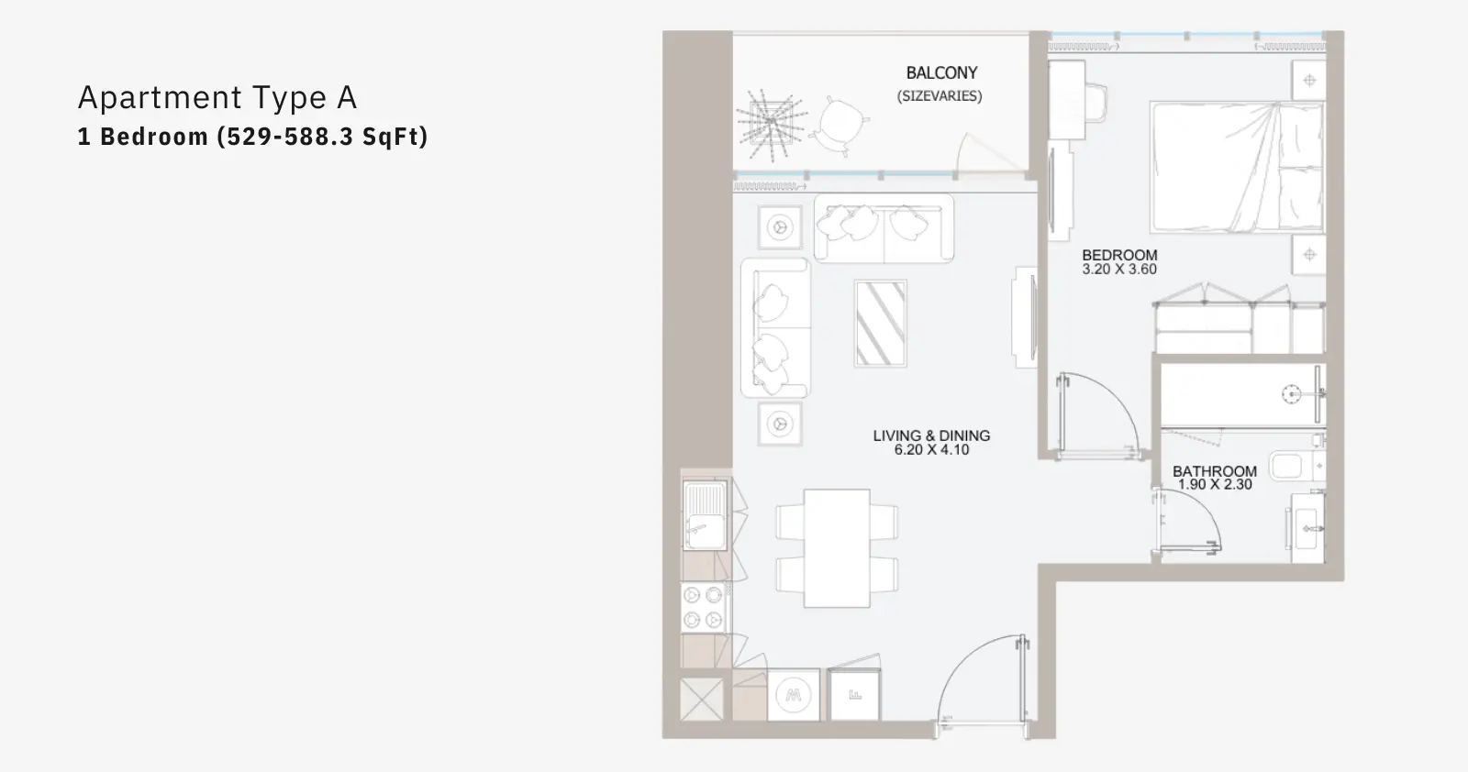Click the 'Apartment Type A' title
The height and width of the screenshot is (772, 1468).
tap(217, 97)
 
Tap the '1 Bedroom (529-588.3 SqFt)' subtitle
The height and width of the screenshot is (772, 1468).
tap(252, 137)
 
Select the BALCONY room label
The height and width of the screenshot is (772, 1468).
tap(941, 72)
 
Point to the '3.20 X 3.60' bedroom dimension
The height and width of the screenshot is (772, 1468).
tap(1118, 270)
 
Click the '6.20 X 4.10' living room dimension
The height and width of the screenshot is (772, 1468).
tap(931, 450)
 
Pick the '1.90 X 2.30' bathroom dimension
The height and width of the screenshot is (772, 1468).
tap(1215, 484)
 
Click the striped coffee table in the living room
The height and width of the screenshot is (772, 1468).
tap(880, 324)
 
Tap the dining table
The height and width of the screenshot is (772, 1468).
tap(837, 548)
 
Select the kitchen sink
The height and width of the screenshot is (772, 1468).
tap(706, 516)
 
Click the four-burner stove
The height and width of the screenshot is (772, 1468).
tap(703, 607)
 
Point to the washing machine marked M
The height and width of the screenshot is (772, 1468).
tap(793, 695)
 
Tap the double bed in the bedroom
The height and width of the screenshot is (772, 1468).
tap(1238, 167)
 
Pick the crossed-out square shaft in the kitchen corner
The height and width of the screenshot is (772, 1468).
tap(702, 700)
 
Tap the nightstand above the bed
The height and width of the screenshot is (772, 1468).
tap(1308, 81)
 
